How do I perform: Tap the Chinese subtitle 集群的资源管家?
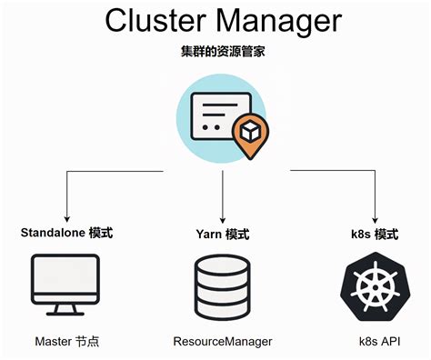(x=215, y=52)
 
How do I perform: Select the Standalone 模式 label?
(x=66, y=233)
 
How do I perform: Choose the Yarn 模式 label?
(x=223, y=235)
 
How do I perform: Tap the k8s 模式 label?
(x=374, y=235)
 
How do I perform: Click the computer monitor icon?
(x=66, y=282)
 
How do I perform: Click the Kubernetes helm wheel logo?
(x=374, y=286)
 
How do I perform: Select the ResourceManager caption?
(x=221, y=343)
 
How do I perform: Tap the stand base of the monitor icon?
(x=66, y=312)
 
